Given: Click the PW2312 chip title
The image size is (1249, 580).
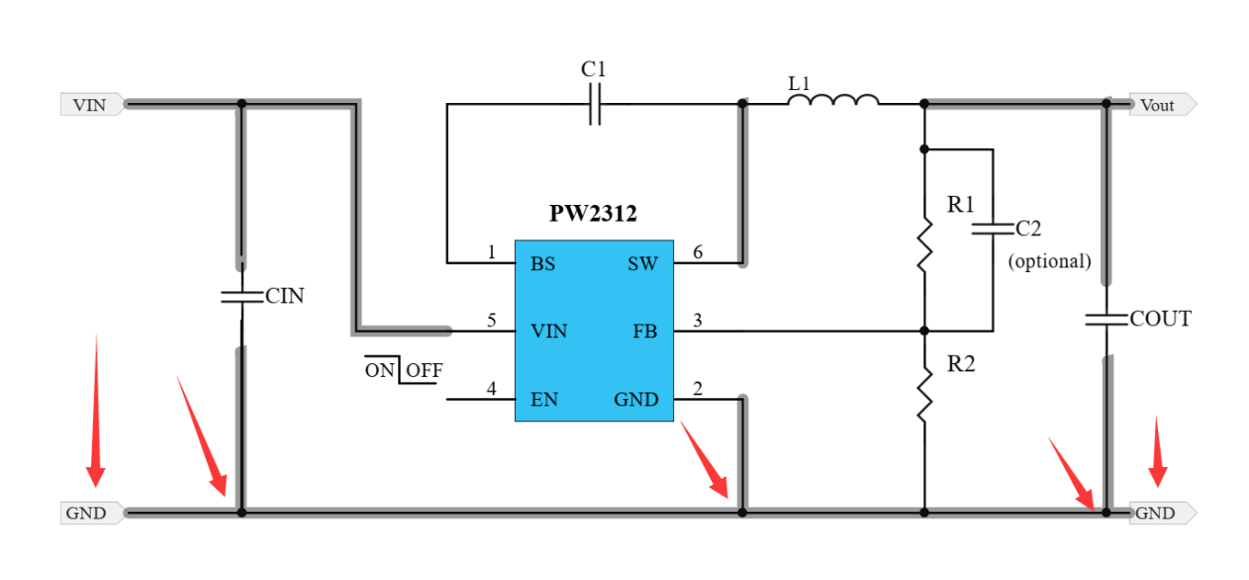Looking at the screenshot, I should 594,214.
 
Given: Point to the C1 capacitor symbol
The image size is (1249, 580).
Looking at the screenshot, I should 594,103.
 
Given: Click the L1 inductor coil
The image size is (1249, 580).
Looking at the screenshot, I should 833,100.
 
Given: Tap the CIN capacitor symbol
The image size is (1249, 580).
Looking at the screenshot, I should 240,296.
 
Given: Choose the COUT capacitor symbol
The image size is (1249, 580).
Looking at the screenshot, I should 1106,319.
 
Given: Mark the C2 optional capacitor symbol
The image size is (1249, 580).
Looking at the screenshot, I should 992,229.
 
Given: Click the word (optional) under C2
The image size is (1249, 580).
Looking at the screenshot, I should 1049,261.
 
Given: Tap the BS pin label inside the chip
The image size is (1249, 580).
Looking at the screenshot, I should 542,263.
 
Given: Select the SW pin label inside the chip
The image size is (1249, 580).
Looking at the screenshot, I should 642,263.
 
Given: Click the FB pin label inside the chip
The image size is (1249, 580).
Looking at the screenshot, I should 644,331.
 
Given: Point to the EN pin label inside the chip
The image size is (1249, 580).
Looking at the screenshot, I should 543,400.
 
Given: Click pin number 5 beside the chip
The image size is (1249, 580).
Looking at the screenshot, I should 492,321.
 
